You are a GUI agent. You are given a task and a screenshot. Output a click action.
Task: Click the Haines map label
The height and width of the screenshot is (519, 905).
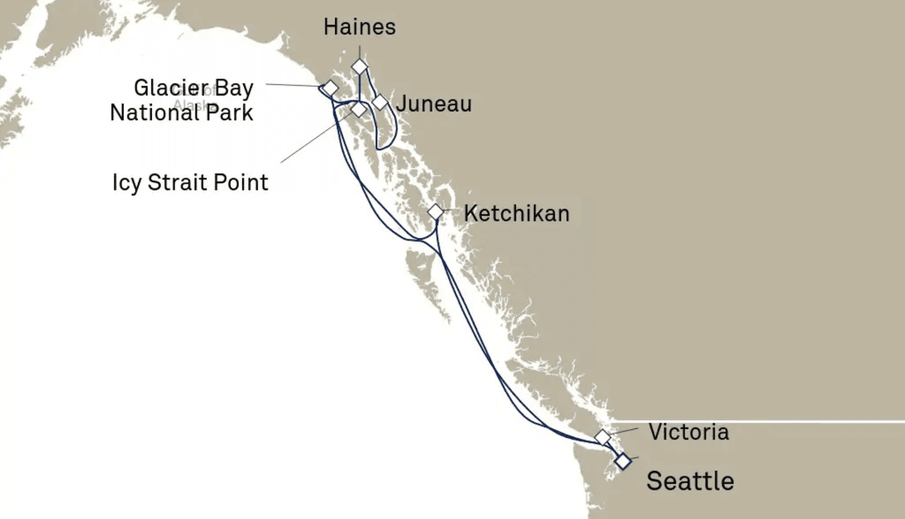tap(359, 27)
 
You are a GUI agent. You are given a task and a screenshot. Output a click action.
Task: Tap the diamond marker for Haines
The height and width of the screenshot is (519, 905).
tap(360, 67)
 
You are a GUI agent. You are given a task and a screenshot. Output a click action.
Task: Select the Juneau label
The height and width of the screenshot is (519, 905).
tap(434, 104)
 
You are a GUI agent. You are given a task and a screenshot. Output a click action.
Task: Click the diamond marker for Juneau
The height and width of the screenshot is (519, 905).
tap(379, 101)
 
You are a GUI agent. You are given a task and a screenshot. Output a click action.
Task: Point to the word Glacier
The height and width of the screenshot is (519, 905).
tap(171, 88)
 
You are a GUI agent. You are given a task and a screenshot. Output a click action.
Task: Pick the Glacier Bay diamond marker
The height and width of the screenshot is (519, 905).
tap(330, 88)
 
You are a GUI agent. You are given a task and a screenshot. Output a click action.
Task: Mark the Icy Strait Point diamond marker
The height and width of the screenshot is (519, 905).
tap(359, 109)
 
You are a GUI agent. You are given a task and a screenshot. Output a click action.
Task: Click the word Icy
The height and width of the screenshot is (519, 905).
tap(126, 183)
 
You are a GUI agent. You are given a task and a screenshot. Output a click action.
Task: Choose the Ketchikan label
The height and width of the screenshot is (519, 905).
tap(517, 213)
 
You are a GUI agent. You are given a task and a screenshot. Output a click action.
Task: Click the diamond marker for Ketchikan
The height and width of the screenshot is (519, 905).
tap(436, 212)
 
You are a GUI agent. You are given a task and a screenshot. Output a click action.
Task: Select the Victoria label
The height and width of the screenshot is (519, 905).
tap(689, 432)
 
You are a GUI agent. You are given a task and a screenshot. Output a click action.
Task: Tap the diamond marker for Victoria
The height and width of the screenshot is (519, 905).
tap(602, 437)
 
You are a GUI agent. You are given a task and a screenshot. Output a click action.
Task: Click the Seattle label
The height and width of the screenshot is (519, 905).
tap(690, 481)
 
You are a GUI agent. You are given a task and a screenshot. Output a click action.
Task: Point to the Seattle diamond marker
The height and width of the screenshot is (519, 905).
tap(623, 461)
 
